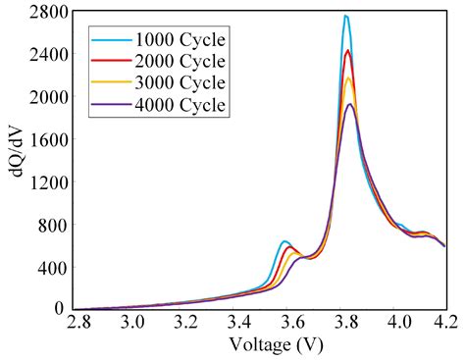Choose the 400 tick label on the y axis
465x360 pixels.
tap(50, 267)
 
